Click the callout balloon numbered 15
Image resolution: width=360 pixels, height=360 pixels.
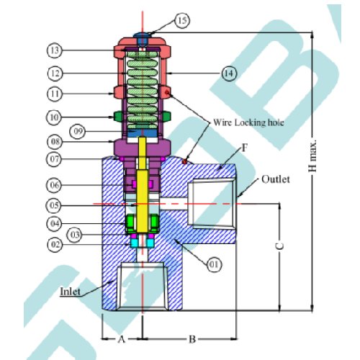click(182, 20)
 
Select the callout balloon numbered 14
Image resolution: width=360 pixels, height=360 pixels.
click(229, 73)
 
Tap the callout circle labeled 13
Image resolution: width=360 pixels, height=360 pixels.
click(55, 50)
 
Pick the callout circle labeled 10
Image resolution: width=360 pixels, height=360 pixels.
click(54, 117)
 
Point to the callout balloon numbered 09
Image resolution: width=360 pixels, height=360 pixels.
click(77, 131)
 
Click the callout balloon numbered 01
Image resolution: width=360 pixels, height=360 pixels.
click(214, 264)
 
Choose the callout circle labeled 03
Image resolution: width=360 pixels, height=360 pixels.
click(75, 235)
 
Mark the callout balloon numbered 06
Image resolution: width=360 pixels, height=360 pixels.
click(54, 185)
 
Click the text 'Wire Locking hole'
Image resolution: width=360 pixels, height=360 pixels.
click(248, 122)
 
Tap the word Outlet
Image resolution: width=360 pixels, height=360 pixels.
click(276, 179)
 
